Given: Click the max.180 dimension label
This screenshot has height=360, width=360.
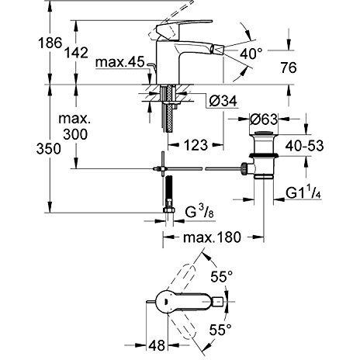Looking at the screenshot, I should coord(206,237).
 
